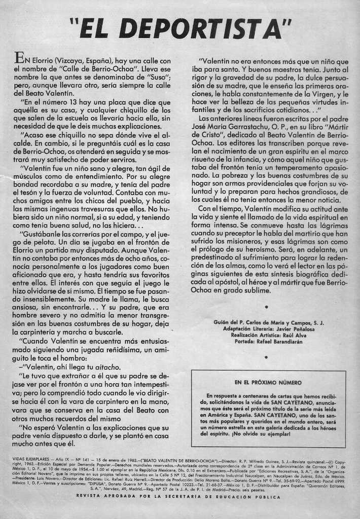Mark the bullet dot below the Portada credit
(x=267, y=357)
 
